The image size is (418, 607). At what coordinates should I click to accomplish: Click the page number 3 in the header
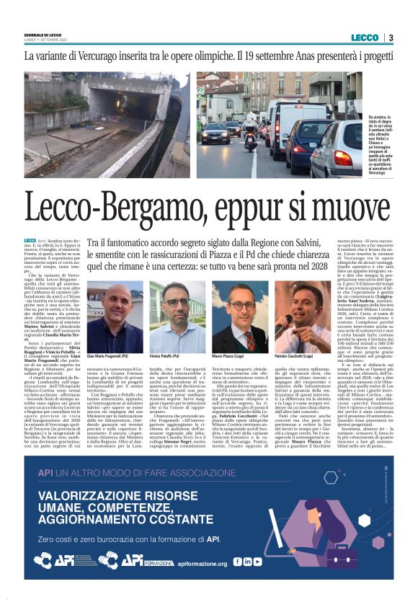tap(391, 37)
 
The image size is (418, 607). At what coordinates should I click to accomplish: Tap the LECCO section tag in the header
tap(363, 37)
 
